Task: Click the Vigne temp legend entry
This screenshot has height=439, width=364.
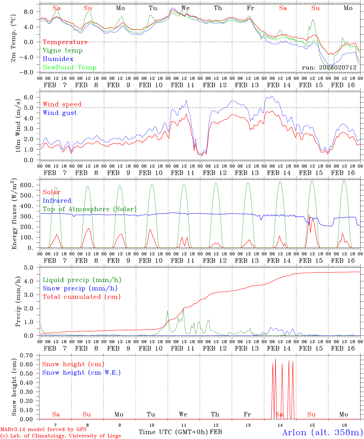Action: (x=62, y=51)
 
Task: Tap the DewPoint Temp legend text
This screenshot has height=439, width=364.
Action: (x=70, y=68)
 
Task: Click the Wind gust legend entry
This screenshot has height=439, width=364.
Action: (x=60, y=113)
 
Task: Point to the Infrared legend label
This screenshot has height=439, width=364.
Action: (x=57, y=201)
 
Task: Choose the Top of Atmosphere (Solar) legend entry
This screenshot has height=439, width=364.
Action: (x=90, y=209)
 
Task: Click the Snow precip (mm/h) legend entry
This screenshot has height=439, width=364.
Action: (x=80, y=288)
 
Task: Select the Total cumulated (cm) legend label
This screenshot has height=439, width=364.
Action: (x=81, y=297)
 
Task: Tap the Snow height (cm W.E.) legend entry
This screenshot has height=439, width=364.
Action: (x=81, y=373)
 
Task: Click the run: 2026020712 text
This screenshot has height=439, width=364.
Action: (x=329, y=67)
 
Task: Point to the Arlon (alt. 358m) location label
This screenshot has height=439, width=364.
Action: (x=323, y=432)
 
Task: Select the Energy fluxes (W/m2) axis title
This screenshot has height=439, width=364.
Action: (x=14, y=214)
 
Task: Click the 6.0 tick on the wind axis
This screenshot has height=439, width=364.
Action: (x=31, y=97)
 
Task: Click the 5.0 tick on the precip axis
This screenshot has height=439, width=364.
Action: (x=31, y=268)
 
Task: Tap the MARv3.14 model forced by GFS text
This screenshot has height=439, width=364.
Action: (x=43, y=430)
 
